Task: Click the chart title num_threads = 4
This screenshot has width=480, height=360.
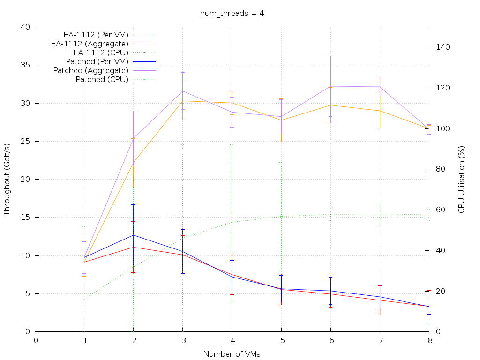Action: (232, 13)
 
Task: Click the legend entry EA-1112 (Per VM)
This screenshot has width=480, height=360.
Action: (96, 34)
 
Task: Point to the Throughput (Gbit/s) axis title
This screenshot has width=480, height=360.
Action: (7, 179)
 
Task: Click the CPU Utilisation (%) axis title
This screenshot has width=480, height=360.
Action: (461, 179)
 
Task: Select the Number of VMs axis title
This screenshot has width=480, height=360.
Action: (232, 354)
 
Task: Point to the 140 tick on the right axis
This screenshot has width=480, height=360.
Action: (443, 47)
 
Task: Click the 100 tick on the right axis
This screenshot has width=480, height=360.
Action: (443, 129)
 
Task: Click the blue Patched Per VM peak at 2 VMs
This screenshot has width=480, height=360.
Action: (134, 235)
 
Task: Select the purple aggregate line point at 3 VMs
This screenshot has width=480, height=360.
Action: (183, 91)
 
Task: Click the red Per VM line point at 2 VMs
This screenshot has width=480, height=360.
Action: (134, 247)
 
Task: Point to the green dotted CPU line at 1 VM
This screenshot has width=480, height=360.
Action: (84, 299)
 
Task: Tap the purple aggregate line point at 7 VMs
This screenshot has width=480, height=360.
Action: (379, 87)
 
